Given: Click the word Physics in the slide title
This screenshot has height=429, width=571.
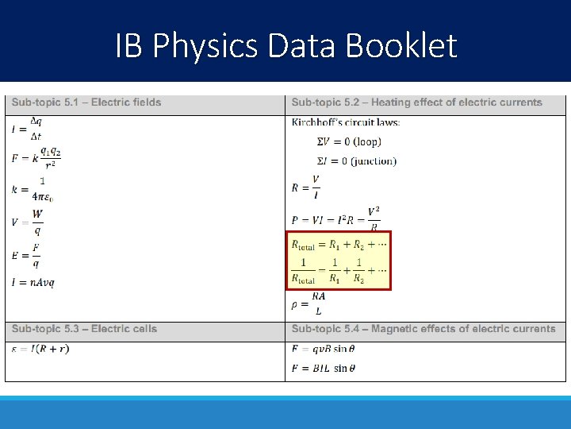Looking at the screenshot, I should click(206, 46).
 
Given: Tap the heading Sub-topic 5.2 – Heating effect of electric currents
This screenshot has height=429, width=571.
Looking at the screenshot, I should click(416, 102).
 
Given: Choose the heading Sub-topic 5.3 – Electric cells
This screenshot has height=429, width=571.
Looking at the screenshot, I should click(84, 329).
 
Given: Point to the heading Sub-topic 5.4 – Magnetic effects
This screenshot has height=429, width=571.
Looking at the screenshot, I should click(423, 329).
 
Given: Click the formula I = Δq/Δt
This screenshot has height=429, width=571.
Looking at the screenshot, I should click(28, 129).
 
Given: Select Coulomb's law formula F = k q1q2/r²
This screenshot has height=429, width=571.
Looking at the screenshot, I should click(36, 158).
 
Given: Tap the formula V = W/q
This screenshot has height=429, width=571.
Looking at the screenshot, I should click(28, 222).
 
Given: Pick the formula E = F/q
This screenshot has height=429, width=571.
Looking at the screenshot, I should click(26, 255).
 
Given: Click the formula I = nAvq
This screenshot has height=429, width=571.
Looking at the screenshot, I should click(33, 282).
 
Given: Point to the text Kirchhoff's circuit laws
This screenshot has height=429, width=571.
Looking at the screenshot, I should click(346, 122).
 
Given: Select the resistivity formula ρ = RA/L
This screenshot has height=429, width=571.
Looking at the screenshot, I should click(309, 303).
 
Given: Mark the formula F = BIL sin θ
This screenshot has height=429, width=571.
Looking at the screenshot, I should click(324, 369).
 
